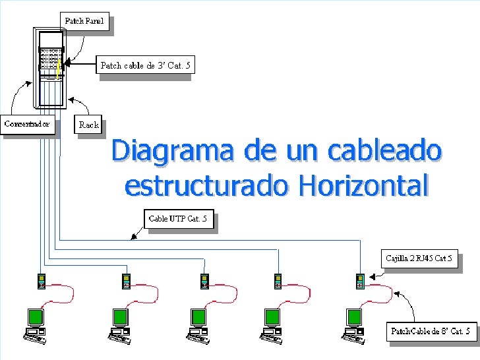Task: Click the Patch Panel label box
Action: pos(84,21)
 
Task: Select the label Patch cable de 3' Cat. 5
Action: pos(145,65)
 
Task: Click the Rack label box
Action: pos(89,124)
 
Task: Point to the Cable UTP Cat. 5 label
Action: pos(178,218)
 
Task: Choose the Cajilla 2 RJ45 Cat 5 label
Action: pos(419,258)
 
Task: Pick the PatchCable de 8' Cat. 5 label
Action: pos(431,330)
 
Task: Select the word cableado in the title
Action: pos(389,151)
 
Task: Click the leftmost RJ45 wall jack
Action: pos(41,281)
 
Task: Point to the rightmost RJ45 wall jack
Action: pos(360,281)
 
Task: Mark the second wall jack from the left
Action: pos(125,281)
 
